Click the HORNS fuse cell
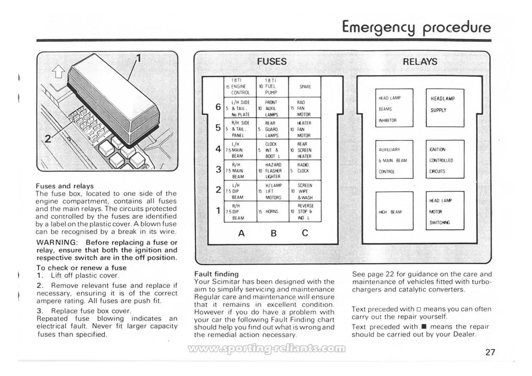pos(272,212)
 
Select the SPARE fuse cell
pos(305,87)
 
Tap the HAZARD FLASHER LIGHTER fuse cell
pos(272,171)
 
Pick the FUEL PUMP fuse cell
pos(272,87)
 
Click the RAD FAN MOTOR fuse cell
pos(305,108)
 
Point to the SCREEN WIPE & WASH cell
pos(305,191)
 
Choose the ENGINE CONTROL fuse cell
pos(240,87)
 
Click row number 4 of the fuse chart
pos(218,149)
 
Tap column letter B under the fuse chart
pos(274,233)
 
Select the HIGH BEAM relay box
pos(394,211)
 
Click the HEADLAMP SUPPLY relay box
pos(445,108)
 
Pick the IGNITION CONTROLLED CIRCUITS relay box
pos(445,160)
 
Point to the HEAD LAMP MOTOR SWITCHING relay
pos(445,211)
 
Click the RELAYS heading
pos(420,62)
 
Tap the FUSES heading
pos(272,62)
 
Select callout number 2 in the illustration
pos(47,139)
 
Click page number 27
pos(490,352)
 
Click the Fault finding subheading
pos(216,274)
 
